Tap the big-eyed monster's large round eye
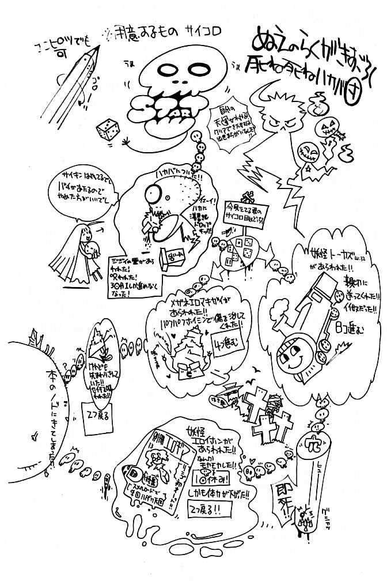(139, 190)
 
